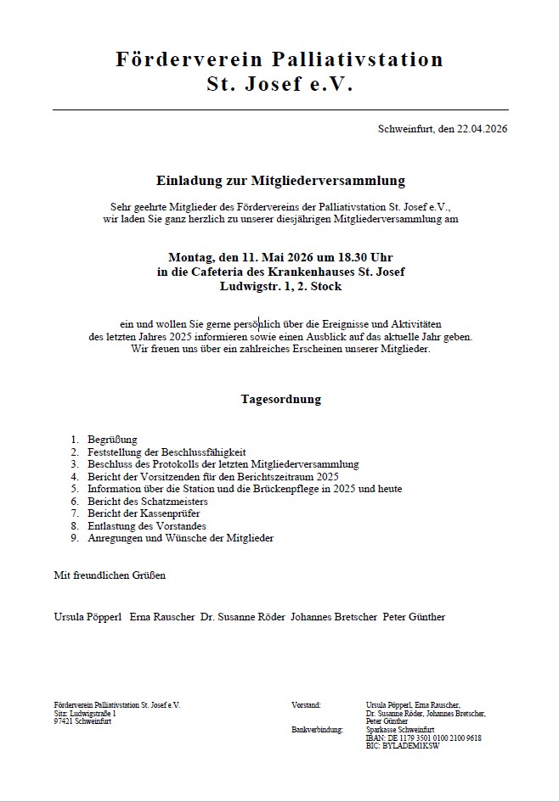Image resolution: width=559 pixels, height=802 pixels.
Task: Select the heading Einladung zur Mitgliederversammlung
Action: (280, 181)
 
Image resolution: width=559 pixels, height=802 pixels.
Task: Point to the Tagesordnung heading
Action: (280, 399)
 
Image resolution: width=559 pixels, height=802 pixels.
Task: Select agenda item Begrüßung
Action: (112, 440)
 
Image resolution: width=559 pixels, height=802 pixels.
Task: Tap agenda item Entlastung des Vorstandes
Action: (141, 526)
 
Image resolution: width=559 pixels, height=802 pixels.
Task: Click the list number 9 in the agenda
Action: (74, 538)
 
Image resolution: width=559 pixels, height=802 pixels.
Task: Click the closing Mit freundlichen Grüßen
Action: (110, 575)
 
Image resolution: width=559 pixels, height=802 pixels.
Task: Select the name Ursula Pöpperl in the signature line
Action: (88, 617)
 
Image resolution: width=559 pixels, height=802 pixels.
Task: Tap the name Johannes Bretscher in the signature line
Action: (333, 617)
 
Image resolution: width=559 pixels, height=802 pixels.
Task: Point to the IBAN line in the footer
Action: (423, 738)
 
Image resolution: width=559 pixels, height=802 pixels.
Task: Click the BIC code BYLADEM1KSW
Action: (413, 746)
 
